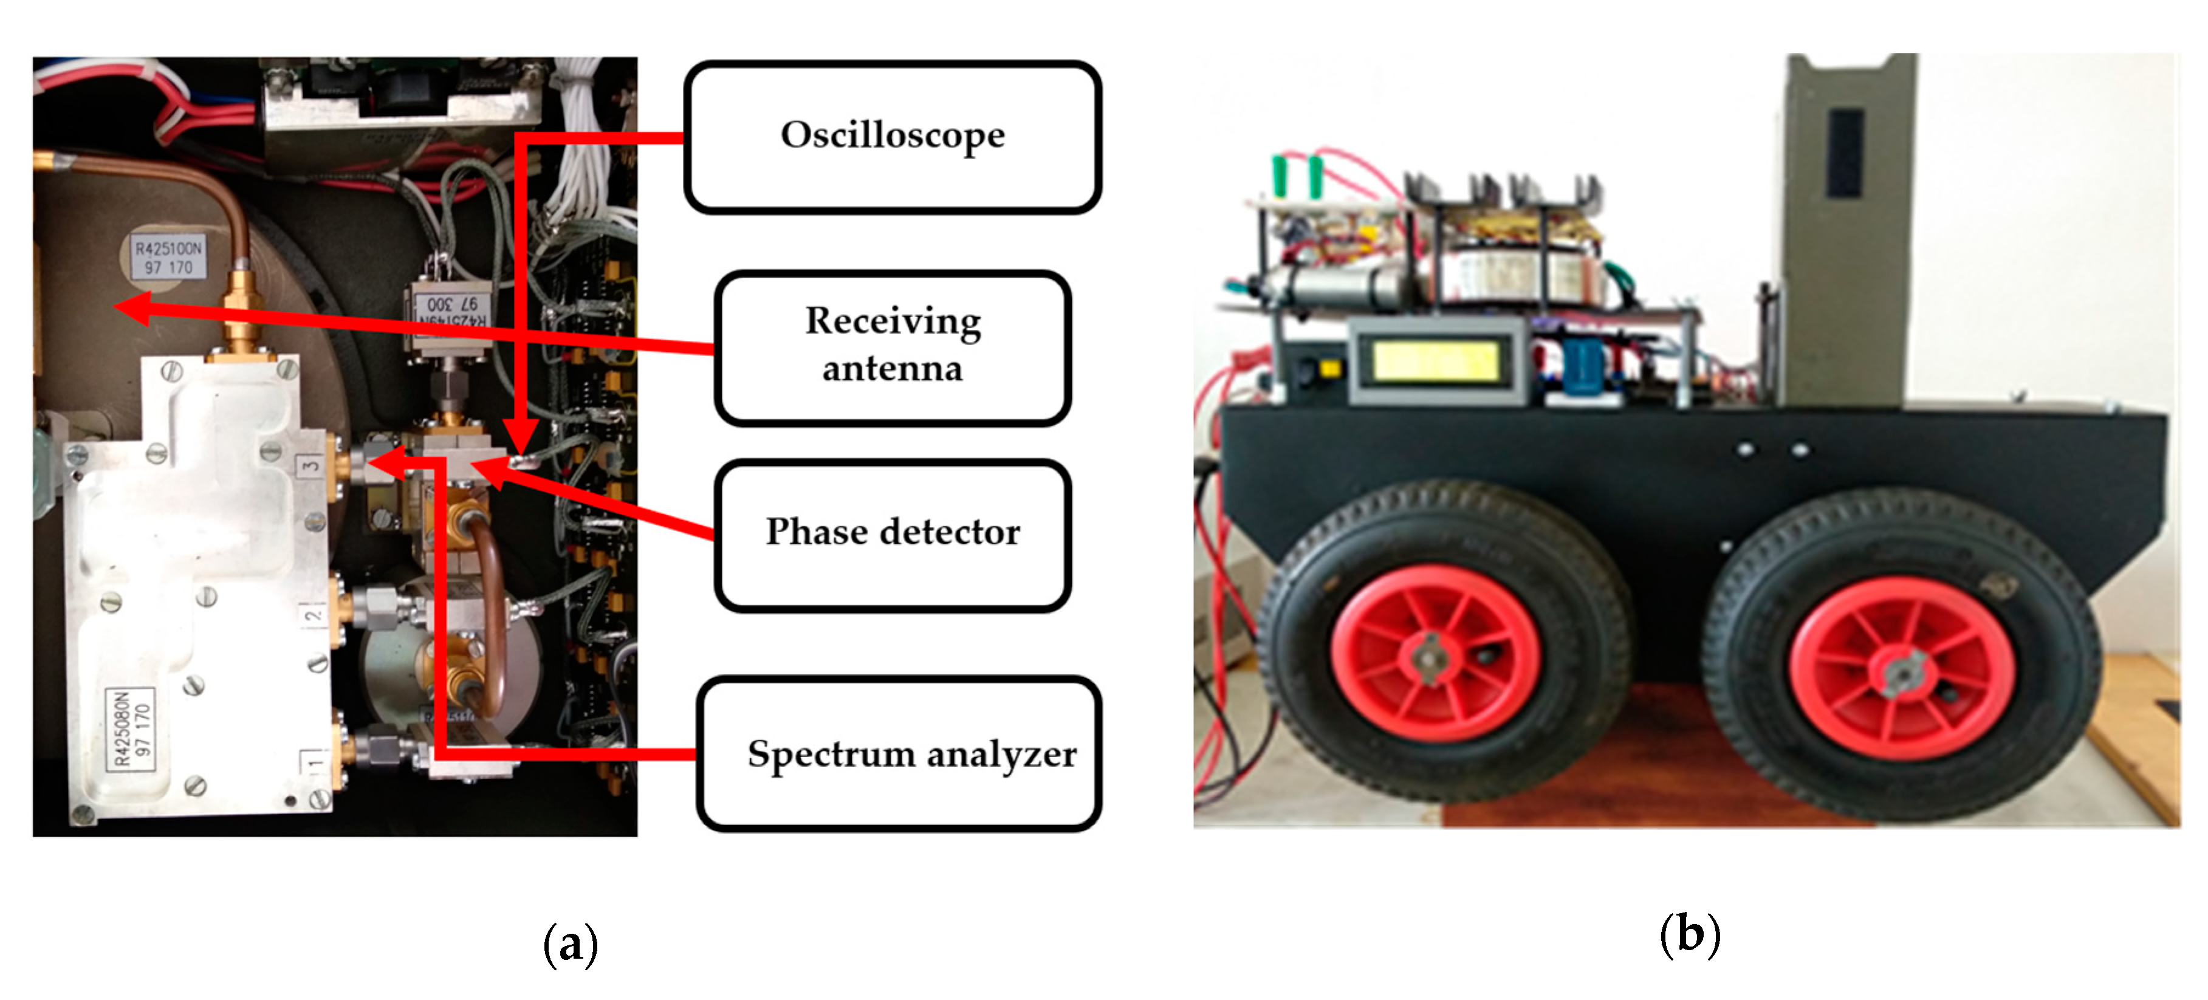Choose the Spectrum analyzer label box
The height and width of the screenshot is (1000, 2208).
(x=898, y=753)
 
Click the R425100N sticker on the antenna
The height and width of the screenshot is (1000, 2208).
(x=168, y=257)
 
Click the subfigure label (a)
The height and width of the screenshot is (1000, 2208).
(x=570, y=944)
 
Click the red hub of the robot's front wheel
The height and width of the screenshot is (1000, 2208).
(x=1433, y=653)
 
